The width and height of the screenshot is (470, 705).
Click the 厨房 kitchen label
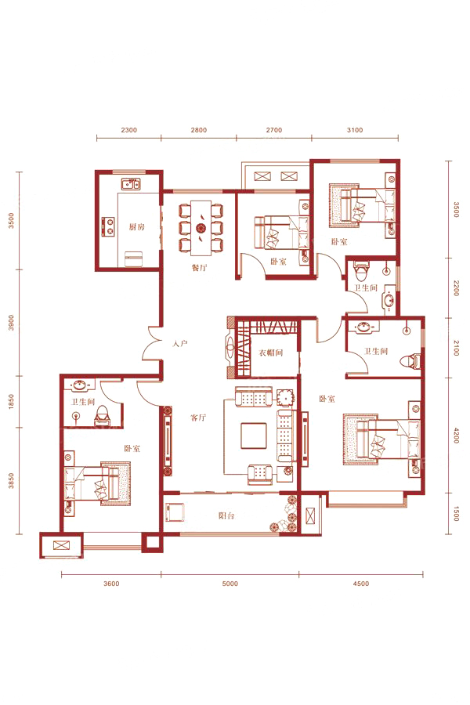tap(137, 227)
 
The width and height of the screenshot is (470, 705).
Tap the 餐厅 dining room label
tap(199, 268)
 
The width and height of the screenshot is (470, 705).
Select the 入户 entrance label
tap(179, 344)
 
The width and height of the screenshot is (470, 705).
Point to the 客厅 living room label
tap(198, 418)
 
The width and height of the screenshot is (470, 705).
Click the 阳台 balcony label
tap(226, 515)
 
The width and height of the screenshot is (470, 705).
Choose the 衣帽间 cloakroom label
tap(271, 353)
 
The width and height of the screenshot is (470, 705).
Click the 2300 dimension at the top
tap(128, 130)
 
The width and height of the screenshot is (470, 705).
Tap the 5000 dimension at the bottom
tap(230, 584)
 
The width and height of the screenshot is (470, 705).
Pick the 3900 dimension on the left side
tap(11, 323)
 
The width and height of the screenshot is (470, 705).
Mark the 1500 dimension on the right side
tap(456, 513)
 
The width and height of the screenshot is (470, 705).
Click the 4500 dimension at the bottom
tap(360, 584)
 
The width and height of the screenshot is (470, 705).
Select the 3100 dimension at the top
tap(355, 130)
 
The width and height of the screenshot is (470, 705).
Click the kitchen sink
tap(131, 183)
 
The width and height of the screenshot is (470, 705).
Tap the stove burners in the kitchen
tap(108, 227)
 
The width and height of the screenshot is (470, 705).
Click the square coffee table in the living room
tap(254, 436)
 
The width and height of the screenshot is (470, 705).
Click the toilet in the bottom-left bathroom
tap(102, 415)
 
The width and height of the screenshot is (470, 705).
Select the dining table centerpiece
tap(201, 229)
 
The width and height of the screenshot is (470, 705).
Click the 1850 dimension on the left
tap(11, 401)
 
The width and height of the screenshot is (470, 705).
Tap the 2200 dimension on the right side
tap(456, 287)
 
